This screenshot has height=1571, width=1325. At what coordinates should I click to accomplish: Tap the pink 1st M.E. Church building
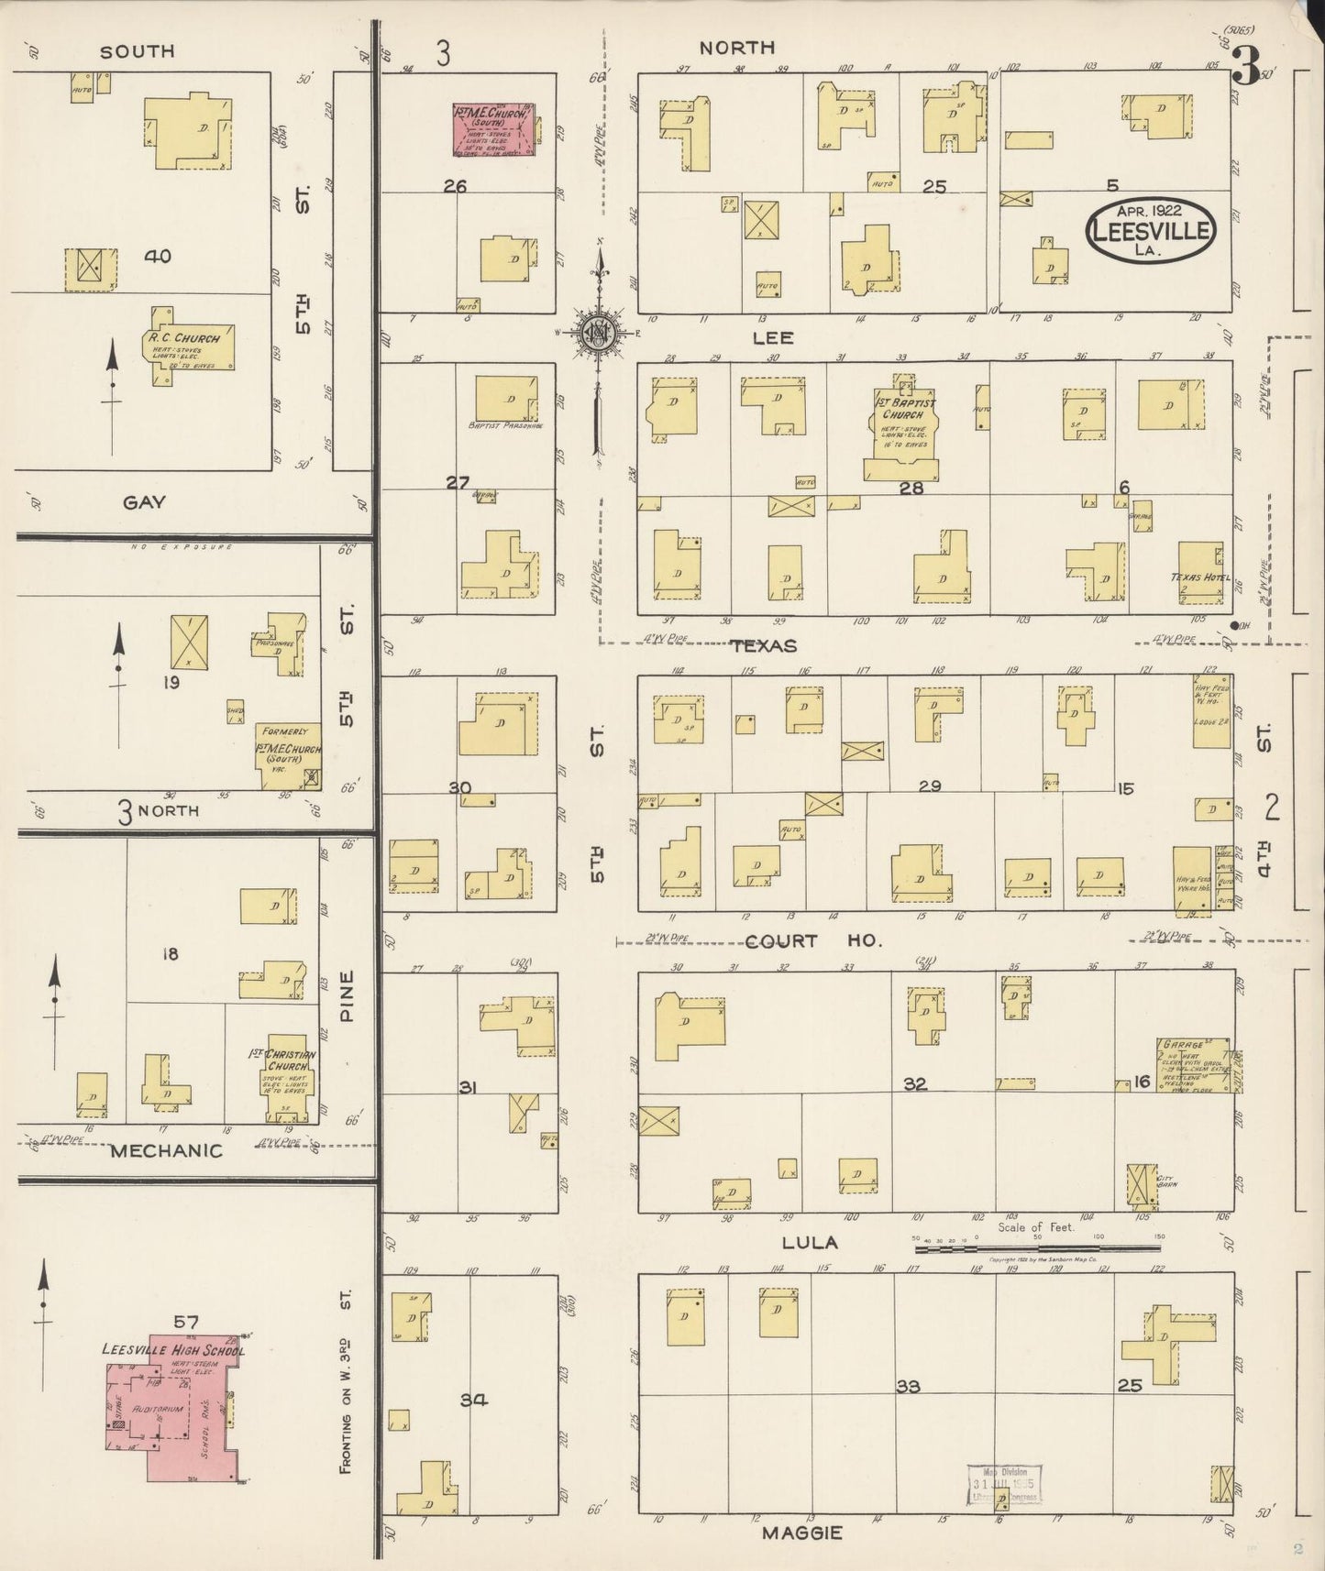(493, 130)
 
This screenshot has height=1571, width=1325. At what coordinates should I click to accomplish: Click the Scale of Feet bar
(1036, 1247)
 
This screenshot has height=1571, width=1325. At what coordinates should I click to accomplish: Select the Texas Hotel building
(1200, 574)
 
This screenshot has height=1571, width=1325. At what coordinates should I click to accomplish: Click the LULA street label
(810, 1243)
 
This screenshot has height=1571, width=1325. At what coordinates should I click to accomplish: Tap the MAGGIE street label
(800, 1532)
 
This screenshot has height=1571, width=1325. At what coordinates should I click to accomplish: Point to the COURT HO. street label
(813, 941)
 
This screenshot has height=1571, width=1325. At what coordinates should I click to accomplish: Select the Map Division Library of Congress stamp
(1004, 1486)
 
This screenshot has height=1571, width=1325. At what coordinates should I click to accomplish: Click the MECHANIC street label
(166, 1150)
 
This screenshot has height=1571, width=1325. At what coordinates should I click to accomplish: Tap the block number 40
(157, 257)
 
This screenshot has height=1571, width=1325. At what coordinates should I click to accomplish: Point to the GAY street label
(144, 501)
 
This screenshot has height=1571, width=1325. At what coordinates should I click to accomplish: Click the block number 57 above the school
(186, 1321)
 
